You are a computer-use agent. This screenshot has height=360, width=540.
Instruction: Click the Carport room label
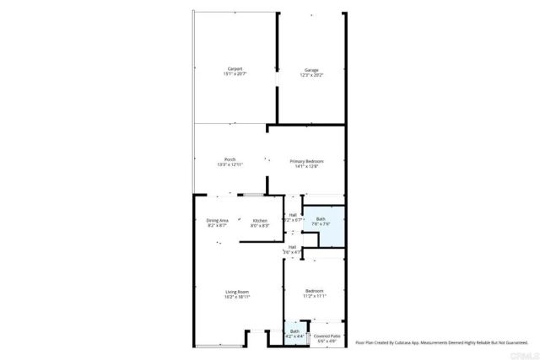coord(234,68)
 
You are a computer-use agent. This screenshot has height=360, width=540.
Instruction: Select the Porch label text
coord(229,160)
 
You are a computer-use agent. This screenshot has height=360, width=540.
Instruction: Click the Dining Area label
coord(218,220)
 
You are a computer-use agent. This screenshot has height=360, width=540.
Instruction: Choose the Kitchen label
coord(260,220)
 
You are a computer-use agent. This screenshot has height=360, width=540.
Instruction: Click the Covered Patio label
coord(326,336)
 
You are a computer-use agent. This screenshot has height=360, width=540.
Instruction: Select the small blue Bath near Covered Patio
coord(294,332)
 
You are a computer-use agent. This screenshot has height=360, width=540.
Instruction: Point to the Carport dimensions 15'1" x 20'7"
coord(234,75)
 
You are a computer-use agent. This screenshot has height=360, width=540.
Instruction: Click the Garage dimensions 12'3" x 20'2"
coord(311,75)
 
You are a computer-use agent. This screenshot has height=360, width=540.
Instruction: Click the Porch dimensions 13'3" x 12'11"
coord(229,166)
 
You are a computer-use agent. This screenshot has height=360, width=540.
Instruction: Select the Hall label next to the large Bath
coord(293,215)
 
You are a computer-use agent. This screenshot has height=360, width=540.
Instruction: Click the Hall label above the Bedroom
coord(291,247)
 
